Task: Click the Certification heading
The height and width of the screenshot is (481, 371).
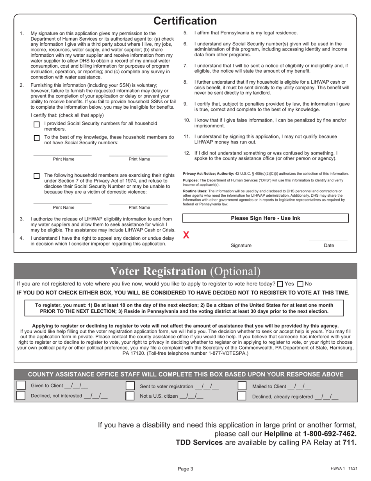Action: (x=185, y=21)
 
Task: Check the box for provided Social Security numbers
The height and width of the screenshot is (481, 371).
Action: (x=37, y=124)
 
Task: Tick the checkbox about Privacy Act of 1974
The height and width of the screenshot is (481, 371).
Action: (x=37, y=176)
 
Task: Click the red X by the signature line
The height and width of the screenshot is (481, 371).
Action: (x=186, y=235)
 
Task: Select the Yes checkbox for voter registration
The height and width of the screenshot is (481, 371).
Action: (x=280, y=284)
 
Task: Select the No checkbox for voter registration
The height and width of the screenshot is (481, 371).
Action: (x=300, y=284)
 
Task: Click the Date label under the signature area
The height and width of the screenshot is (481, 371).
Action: (x=329, y=246)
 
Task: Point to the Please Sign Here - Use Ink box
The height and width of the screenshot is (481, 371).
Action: (x=266, y=218)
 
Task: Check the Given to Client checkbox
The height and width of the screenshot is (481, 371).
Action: (x=21, y=386)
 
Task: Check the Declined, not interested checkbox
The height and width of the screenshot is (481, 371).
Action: (x=21, y=396)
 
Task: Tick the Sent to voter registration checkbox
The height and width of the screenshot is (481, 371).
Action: (x=130, y=386)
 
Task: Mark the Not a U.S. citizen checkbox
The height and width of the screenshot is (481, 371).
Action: (x=130, y=396)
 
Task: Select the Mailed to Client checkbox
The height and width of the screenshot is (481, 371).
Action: (x=242, y=386)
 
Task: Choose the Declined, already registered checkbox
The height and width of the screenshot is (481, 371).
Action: (x=242, y=396)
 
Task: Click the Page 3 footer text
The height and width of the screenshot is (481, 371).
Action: (x=185, y=469)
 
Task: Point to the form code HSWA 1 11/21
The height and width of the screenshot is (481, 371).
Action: (x=342, y=469)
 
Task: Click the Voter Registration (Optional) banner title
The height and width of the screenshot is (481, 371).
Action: (x=185, y=271)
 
